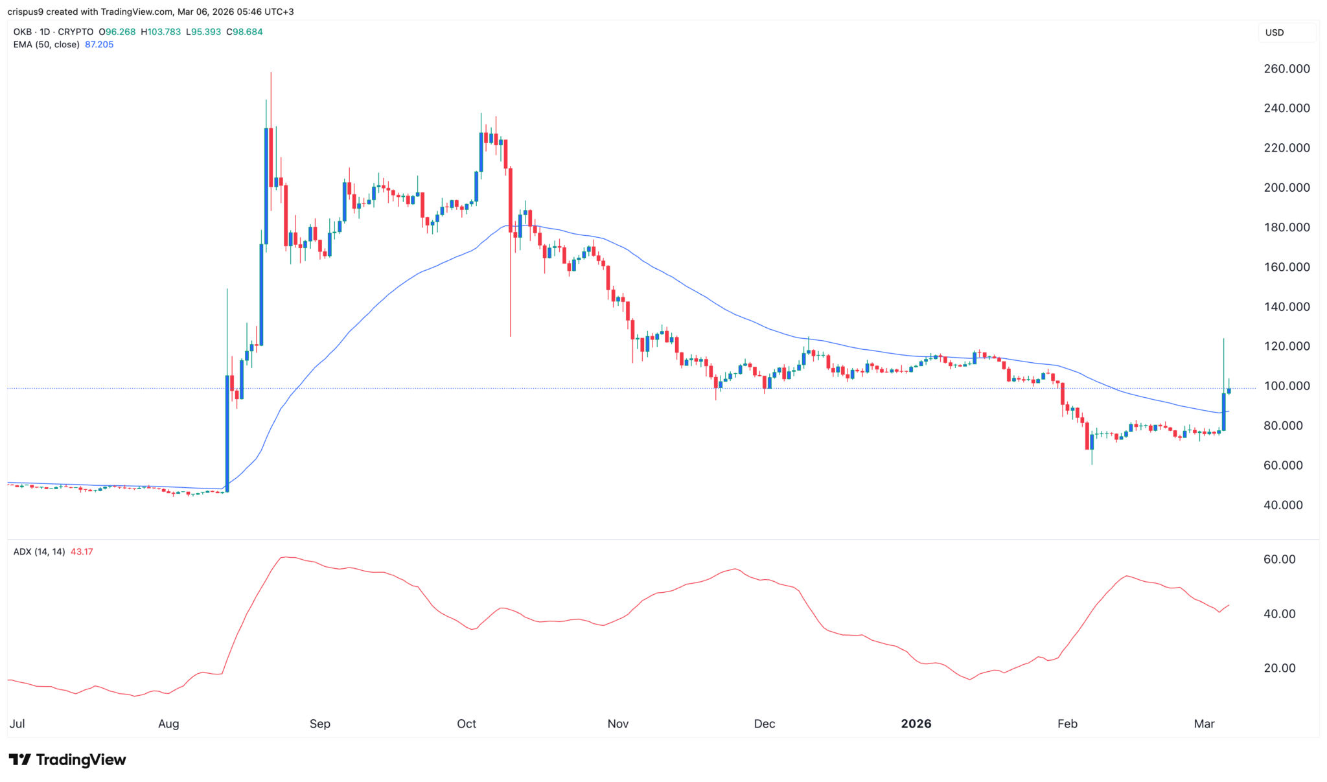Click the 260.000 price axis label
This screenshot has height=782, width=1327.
pos(1286,69)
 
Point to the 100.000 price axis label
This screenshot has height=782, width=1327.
pos(1286,385)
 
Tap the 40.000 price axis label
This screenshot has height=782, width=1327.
pos(1283,505)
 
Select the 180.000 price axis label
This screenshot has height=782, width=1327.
pos(1286,227)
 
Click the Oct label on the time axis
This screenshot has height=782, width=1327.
pos(467,724)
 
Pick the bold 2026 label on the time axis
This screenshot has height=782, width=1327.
pos(916,724)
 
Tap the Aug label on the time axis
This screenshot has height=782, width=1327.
pos(168,724)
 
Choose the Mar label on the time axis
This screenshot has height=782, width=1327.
pos(1204,724)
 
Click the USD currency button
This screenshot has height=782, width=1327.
pos(1275,32)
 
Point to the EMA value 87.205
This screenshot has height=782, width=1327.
pos(99,45)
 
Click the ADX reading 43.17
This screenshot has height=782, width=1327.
pos(82,552)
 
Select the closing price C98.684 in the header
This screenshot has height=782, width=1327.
pos(244,32)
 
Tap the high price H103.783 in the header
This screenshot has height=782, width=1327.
pos(161,32)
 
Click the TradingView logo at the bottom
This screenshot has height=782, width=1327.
pos(67,759)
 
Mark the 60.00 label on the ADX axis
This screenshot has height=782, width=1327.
pos(1279,559)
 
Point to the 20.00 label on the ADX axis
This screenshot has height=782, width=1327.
pos(1279,668)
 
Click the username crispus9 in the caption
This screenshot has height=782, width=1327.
pos(25,12)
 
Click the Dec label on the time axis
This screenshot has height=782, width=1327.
pos(765,724)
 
